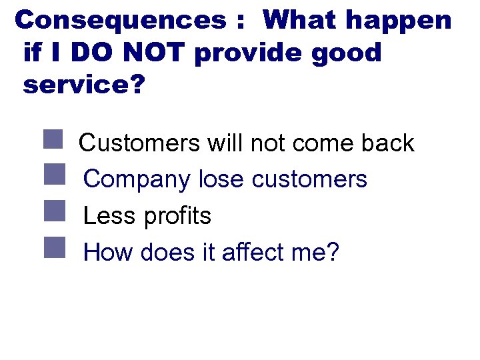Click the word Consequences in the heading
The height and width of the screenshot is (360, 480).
pyautogui.click(x=121, y=20)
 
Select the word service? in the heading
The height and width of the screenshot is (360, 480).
pyautogui.click(x=83, y=85)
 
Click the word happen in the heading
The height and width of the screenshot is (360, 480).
pyautogui.click(x=398, y=21)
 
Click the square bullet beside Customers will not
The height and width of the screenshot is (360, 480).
pyautogui.click(x=53, y=139)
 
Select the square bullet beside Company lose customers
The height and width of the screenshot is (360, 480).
pyautogui.click(x=53, y=176)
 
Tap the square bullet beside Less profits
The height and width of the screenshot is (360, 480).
pyautogui.click(x=53, y=213)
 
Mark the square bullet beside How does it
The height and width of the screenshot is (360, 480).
pyautogui.click(x=53, y=249)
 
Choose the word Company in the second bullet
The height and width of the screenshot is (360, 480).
pyautogui.click(x=138, y=180)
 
